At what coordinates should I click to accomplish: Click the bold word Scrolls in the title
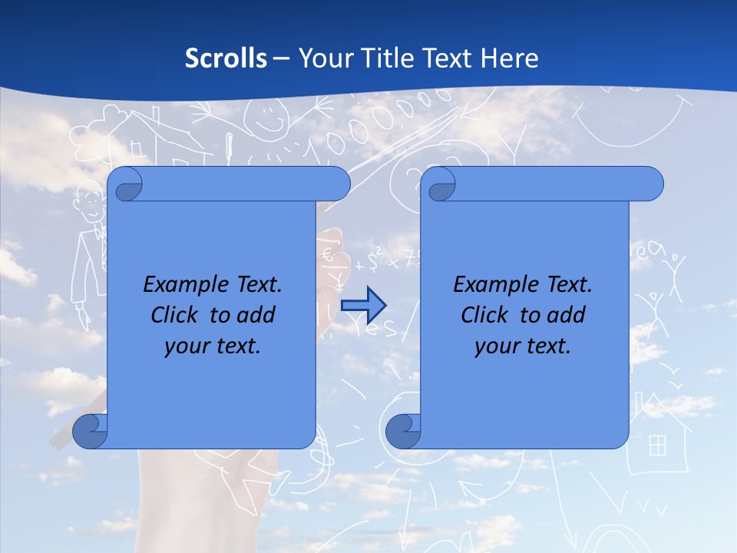pos(226,58)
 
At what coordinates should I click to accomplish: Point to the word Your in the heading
pos(324,58)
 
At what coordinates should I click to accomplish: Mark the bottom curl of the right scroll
pos(403,431)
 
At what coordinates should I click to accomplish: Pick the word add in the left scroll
pos(257,315)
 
